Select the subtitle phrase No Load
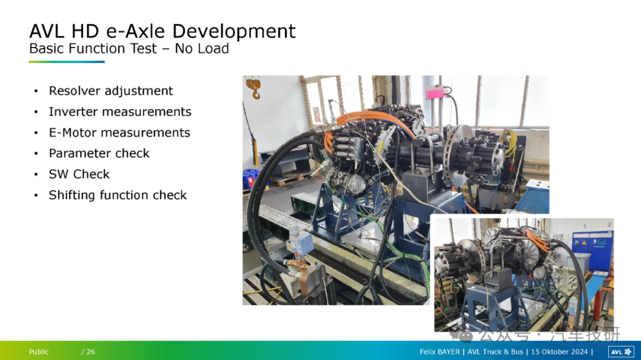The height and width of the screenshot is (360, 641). click(x=202, y=49)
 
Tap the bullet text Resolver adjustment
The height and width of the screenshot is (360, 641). click(x=111, y=91)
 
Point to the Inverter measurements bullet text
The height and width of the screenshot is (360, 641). click(x=120, y=111)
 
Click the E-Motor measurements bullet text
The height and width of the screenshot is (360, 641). click(x=119, y=132)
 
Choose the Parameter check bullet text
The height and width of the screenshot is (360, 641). click(x=99, y=153)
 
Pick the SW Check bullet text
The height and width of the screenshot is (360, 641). click(x=80, y=174)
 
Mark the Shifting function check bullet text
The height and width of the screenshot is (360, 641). click(x=118, y=195)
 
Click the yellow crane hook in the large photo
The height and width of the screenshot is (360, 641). click(x=254, y=88)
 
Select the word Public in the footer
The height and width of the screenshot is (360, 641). click(x=39, y=352)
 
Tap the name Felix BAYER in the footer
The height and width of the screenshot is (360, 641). click(x=439, y=352)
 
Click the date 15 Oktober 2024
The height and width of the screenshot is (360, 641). click(x=559, y=352)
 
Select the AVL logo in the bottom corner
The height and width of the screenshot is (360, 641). click(x=621, y=352)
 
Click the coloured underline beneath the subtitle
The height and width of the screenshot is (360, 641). click(x=66, y=62)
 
